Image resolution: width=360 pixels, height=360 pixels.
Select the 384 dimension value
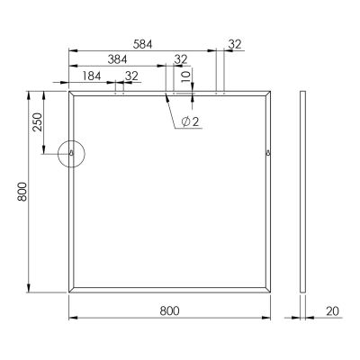116,59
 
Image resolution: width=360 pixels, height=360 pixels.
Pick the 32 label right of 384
180,59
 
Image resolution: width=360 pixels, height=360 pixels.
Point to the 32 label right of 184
131,76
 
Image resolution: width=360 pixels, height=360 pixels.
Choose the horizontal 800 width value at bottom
169,310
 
